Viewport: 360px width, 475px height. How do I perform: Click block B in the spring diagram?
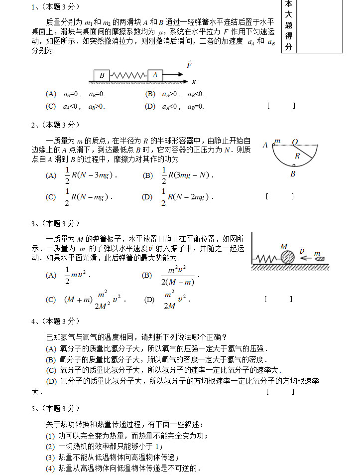click(x=102, y=75)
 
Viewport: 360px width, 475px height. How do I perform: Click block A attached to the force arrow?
click(x=155, y=75)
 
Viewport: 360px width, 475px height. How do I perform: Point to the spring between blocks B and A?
click(x=128, y=75)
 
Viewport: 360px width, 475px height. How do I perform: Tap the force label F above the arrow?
click(x=189, y=65)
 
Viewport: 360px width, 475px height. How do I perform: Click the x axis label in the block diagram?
click(x=194, y=81)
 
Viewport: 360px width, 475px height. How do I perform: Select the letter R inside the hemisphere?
click(x=297, y=156)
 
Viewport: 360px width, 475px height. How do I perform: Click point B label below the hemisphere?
click(x=293, y=174)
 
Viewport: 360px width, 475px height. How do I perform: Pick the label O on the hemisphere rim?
click(x=295, y=142)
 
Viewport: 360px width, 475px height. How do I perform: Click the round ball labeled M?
click(x=288, y=259)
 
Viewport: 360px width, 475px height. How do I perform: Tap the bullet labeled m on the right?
click(x=319, y=258)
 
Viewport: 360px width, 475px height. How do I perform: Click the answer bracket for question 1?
click(x=281, y=106)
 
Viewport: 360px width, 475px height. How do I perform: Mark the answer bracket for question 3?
click(x=278, y=299)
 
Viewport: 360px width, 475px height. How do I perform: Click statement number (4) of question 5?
click(x=50, y=468)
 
